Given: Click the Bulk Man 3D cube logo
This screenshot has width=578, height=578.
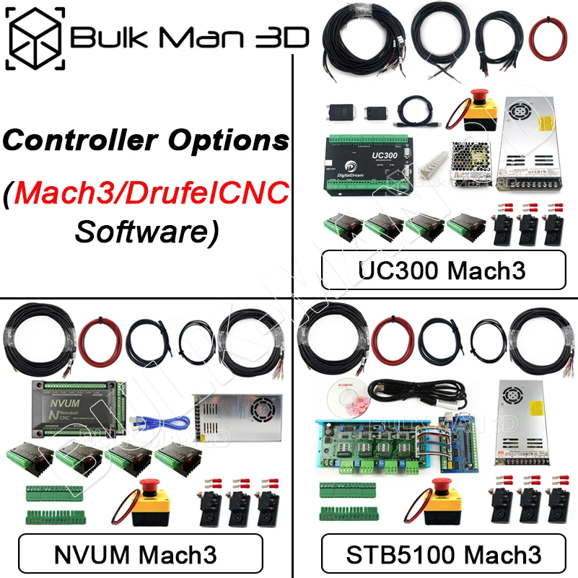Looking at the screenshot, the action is [x=35, y=36].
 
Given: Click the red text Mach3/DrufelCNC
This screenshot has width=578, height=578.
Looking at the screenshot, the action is [x=154, y=192].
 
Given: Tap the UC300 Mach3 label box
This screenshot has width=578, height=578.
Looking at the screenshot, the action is [x=443, y=271].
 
